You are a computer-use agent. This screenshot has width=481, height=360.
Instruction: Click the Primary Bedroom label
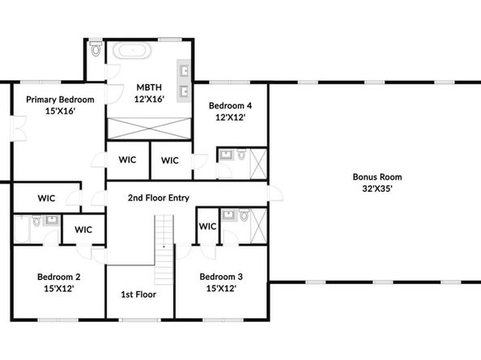pyautogui.click(x=60, y=100)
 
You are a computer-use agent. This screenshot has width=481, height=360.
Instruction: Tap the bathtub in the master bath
pyautogui.click(x=132, y=50)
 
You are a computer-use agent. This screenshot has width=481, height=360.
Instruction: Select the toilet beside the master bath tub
pyautogui.click(x=96, y=49)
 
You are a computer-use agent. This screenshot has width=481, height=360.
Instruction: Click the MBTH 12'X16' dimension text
pyautogui.click(x=149, y=99)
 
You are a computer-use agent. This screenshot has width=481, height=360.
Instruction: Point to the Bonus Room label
pyautogui.click(x=377, y=177)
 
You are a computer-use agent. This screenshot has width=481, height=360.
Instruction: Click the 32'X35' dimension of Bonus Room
pyautogui.click(x=377, y=188)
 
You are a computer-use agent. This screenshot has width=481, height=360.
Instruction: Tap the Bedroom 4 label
pyautogui.click(x=230, y=106)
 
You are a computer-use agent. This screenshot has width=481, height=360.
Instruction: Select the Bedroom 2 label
pyautogui.click(x=59, y=277)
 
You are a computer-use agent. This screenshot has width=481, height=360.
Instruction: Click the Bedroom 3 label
pyautogui.click(x=221, y=277)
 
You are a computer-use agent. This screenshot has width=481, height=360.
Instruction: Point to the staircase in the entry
pyautogui.click(x=164, y=250)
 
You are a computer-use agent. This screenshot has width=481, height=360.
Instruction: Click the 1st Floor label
pyautogui.click(x=138, y=294)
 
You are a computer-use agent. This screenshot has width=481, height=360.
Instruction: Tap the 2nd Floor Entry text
pyautogui.click(x=159, y=198)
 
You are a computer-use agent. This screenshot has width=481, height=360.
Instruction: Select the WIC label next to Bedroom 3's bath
pyautogui.click(x=207, y=227)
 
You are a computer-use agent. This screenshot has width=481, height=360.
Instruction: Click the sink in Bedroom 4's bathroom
pyautogui.click(x=227, y=155)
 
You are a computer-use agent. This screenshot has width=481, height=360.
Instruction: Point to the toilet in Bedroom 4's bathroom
pyautogui.click(x=242, y=154)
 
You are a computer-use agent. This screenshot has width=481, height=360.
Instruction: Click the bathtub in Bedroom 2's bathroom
pyautogui.click(x=23, y=229)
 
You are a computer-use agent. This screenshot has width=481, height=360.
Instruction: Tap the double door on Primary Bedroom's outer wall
pyautogui.click(x=19, y=129)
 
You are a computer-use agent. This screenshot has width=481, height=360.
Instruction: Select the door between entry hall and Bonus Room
pyautogui.click(x=275, y=193)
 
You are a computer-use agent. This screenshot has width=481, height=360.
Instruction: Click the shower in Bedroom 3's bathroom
pyautogui.click(x=258, y=226)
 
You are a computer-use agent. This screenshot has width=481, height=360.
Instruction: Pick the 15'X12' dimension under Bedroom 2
pyautogui.click(x=59, y=289)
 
